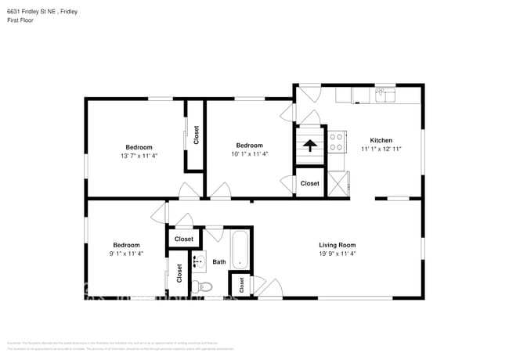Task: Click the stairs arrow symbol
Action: click(x=310, y=145)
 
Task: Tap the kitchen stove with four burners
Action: click(x=338, y=142)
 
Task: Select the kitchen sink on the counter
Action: click(x=382, y=95)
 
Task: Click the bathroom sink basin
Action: click(x=199, y=261)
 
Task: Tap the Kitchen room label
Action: click(x=381, y=140)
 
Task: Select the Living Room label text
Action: click(x=337, y=245)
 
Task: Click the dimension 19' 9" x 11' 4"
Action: click(x=337, y=254)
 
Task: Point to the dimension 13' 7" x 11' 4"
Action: click(x=139, y=155)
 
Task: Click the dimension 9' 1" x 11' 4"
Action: click(x=126, y=253)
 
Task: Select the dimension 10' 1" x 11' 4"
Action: click(x=249, y=154)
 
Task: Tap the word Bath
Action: click(x=219, y=262)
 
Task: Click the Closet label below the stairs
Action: click(x=310, y=183)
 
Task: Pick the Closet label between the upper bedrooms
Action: click(x=196, y=135)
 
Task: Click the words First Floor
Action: click(x=20, y=21)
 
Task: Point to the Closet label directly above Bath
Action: click(x=184, y=239)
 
